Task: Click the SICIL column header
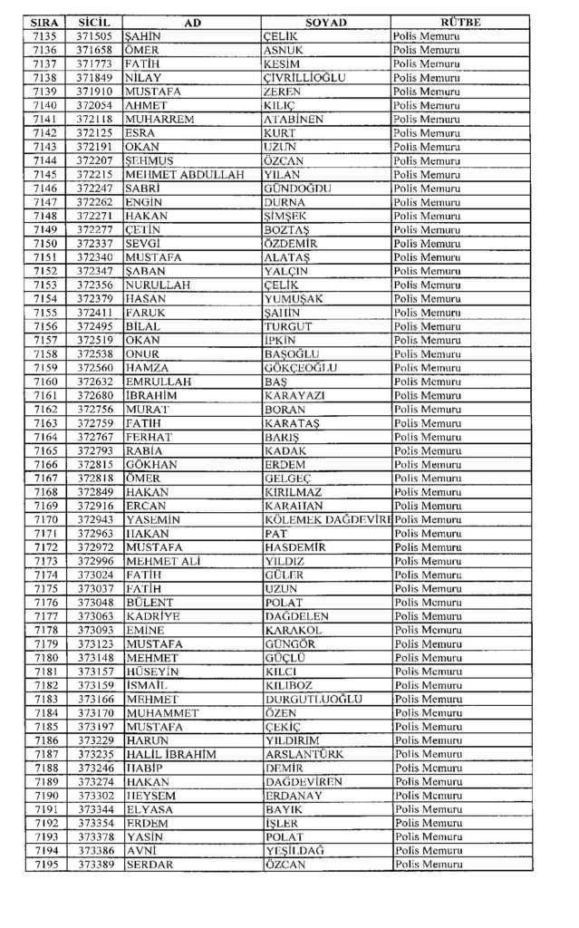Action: [93, 22]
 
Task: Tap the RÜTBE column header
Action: [461, 22]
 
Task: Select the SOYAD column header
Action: [326, 22]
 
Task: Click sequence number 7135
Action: [45, 36]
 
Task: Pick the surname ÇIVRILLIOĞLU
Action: [304, 78]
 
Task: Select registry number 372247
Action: [93, 188]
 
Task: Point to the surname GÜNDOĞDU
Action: [297, 188]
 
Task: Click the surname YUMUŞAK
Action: [294, 298]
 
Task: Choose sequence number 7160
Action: [45, 382]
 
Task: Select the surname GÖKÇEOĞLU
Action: [301, 367]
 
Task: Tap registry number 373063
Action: [93, 616]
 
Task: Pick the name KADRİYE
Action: [153, 616]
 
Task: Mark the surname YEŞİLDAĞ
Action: [294, 851]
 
